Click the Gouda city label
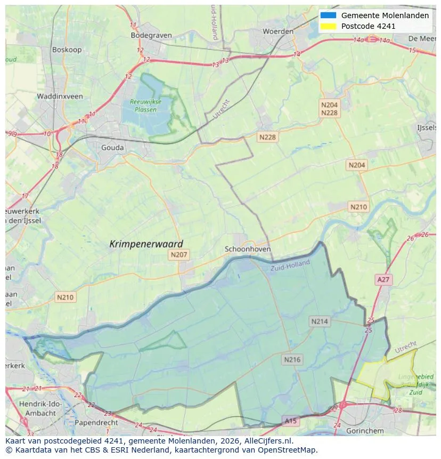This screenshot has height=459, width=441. [x=112, y=148]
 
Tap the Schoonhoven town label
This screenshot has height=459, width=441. [x=248, y=249]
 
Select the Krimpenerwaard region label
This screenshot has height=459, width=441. [x=146, y=244]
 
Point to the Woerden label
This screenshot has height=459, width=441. [x=278, y=31]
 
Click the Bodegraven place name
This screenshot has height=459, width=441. [x=151, y=35]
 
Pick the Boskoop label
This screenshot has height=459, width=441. [x=66, y=50]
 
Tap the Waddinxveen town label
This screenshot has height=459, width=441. [x=60, y=96]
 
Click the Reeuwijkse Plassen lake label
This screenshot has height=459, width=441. [x=145, y=106]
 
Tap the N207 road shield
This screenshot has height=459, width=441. [x=179, y=255]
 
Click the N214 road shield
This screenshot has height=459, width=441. [x=320, y=321]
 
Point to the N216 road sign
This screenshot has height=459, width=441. [x=292, y=359]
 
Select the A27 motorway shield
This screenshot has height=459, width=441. [x=383, y=279]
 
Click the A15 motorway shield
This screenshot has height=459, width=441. [x=290, y=421]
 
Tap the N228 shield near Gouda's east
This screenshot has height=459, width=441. [x=267, y=137]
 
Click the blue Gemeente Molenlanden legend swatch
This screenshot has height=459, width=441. [x=328, y=15]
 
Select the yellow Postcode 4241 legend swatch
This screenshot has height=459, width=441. [x=328, y=26]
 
